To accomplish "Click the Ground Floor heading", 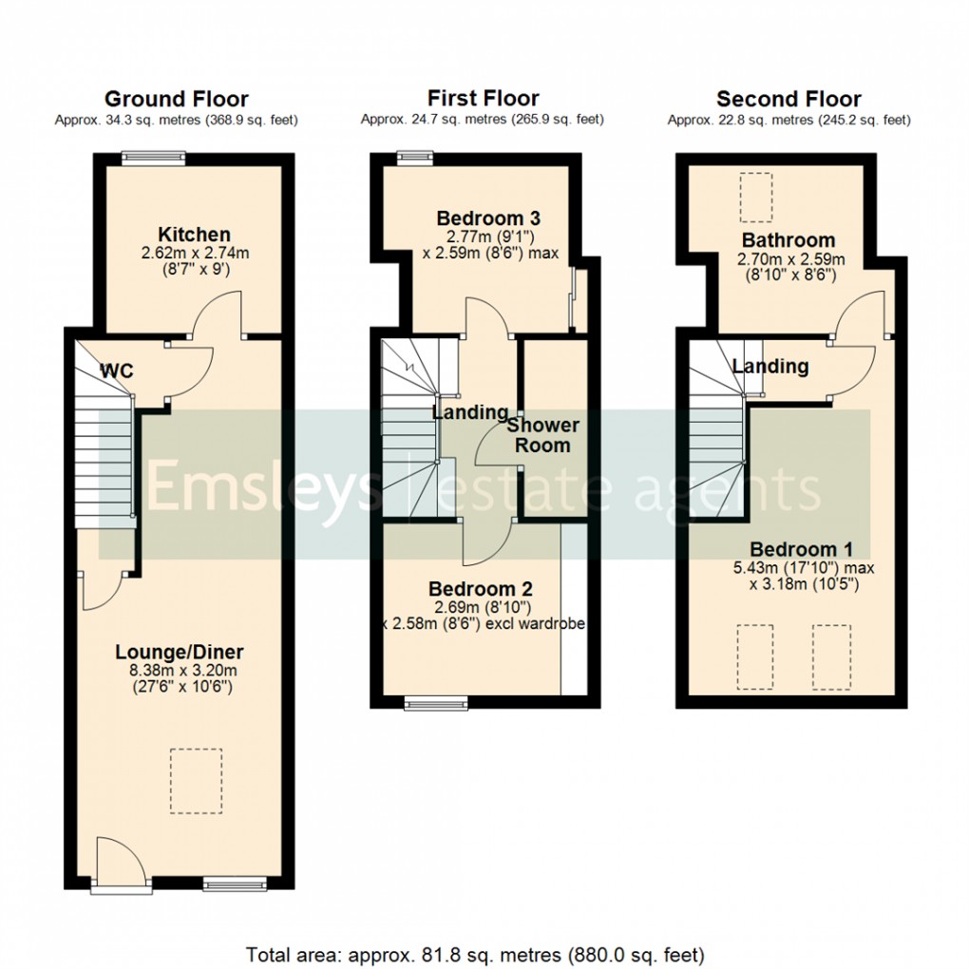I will click(176, 99).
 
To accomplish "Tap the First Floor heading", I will click(483, 98).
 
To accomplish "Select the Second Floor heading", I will click(788, 99).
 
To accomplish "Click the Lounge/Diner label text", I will click(180, 653).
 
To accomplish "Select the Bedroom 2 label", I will click(481, 589).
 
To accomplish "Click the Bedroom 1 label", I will click(801, 549).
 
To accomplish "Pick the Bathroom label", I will click(788, 240).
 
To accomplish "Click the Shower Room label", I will click(542, 435).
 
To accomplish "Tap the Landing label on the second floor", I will click(770, 367).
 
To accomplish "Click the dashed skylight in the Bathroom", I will click(757, 197).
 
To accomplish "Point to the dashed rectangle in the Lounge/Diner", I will click(196, 781).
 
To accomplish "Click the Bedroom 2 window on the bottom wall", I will click(436, 703).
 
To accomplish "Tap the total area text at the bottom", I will click(475, 953).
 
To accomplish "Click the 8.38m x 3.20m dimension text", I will click(180, 671).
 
